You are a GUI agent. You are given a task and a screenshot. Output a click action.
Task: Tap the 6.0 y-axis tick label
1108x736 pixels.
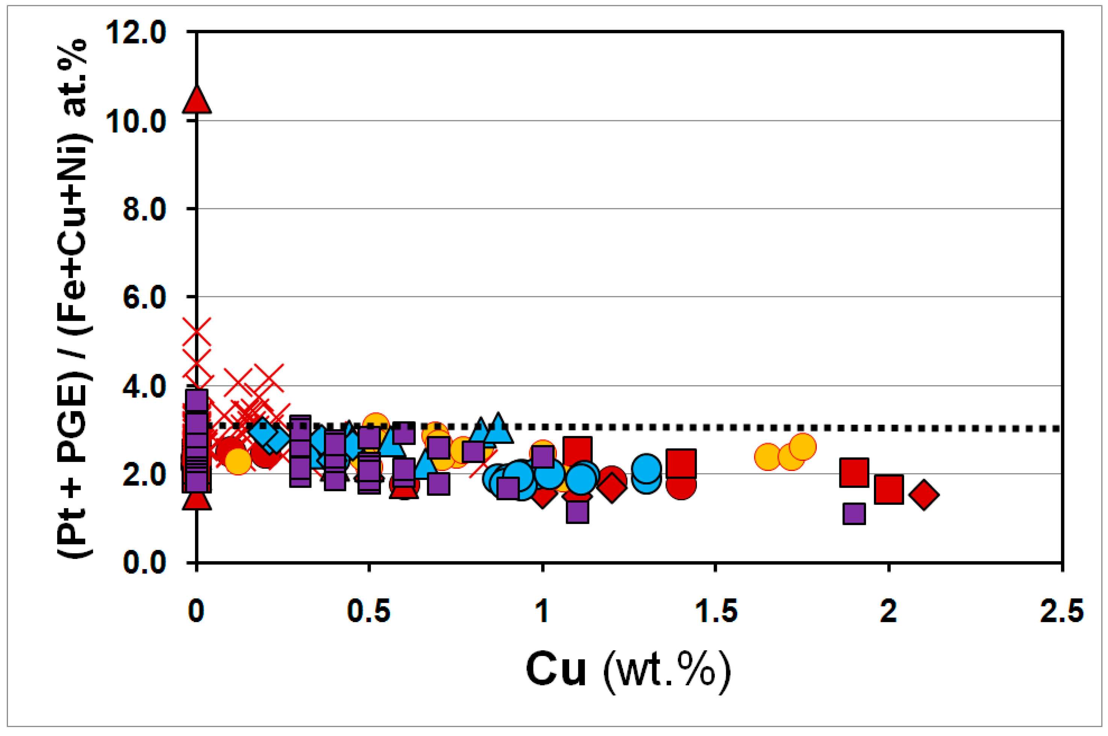(x=144, y=297)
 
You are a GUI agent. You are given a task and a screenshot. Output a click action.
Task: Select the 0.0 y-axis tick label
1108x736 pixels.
(x=144, y=562)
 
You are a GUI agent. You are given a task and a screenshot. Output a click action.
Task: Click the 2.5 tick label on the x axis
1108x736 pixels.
(x=1061, y=612)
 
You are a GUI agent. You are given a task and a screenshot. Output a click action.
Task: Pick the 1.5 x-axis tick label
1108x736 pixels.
(x=715, y=612)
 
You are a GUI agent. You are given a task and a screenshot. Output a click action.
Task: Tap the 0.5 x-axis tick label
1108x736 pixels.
(x=369, y=612)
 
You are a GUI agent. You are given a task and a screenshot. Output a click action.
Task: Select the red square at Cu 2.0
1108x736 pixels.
(x=889, y=490)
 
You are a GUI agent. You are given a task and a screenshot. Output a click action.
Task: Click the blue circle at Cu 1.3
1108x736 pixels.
(x=646, y=468)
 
